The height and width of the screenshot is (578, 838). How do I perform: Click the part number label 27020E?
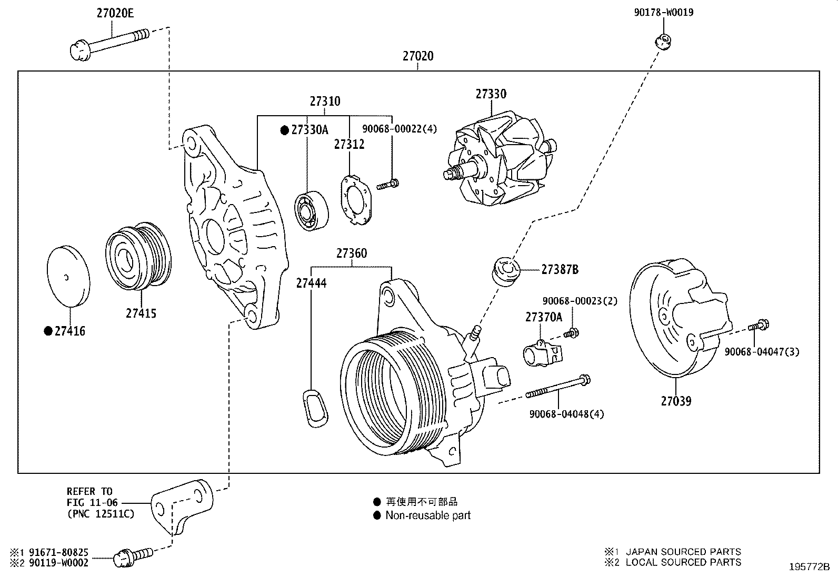click(x=115, y=13)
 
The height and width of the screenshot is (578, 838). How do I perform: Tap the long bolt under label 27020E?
click(x=109, y=45)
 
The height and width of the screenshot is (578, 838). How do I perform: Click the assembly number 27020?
click(x=418, y=56)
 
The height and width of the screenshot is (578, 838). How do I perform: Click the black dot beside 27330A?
click(x=284, y=130)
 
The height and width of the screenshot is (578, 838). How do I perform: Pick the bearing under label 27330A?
click(x=311, y=211)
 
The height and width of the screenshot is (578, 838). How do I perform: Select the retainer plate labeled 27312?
click(x=356, y=200)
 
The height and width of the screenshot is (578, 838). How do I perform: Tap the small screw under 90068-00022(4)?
click(x=387, y=184)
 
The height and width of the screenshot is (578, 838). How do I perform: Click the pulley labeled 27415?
click(x=138, y=257)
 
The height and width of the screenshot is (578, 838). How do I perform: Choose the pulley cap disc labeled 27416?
click(x=68, y=276)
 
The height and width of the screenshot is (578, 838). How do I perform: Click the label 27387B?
click(x=560, y=270)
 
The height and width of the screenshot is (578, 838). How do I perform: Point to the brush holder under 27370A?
click(x=543, y=352)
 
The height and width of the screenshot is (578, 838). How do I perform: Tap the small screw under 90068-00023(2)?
click(x=571, y=332)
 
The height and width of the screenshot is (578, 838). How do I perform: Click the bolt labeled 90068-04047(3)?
click(x=759, y=325)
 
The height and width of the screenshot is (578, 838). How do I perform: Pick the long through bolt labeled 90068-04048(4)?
click(x=558, y=387)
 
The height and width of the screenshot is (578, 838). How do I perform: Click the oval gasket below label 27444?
click(x=315, y=408)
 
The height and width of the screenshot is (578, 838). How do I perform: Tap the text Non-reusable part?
click(x=428, y=515)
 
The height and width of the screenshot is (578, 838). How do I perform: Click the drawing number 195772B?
click(x=809, y=567)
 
